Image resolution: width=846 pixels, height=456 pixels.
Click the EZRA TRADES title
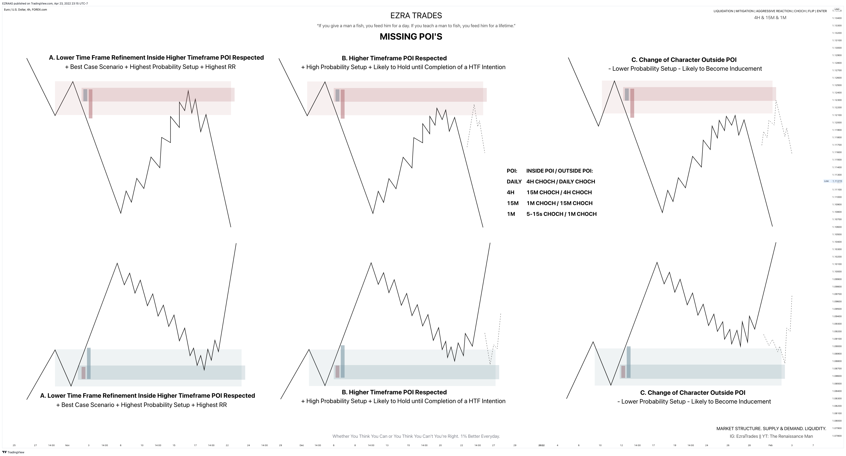point(416,16)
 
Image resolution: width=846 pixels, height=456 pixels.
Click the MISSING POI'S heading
point(411,36)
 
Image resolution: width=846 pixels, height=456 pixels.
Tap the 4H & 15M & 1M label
point(770,18)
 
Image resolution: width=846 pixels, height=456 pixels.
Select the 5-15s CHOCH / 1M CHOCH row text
point(561,214)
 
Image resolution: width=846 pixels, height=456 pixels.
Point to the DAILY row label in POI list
point(514,181)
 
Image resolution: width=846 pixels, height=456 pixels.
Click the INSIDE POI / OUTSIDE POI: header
point(559,171)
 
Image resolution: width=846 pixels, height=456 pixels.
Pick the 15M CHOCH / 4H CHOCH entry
point(559,192)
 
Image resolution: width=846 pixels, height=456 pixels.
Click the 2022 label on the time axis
point(541,445)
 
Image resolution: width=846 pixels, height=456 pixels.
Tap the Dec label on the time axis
point(302,445)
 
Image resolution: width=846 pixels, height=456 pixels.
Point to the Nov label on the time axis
point(67,445)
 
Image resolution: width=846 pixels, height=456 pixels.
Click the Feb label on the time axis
point(770,445)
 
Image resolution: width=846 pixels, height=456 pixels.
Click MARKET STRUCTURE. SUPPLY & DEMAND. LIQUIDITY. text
point(771,429)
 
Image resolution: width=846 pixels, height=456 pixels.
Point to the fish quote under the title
point(416,26)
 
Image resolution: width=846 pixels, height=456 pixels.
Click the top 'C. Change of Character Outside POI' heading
point(684,60)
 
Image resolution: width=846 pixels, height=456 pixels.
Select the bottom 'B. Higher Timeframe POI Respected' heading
point(394,392)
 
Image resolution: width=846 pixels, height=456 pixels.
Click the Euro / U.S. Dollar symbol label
point(25,9)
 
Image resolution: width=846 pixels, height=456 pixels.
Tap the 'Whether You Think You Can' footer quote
point(416,436)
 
